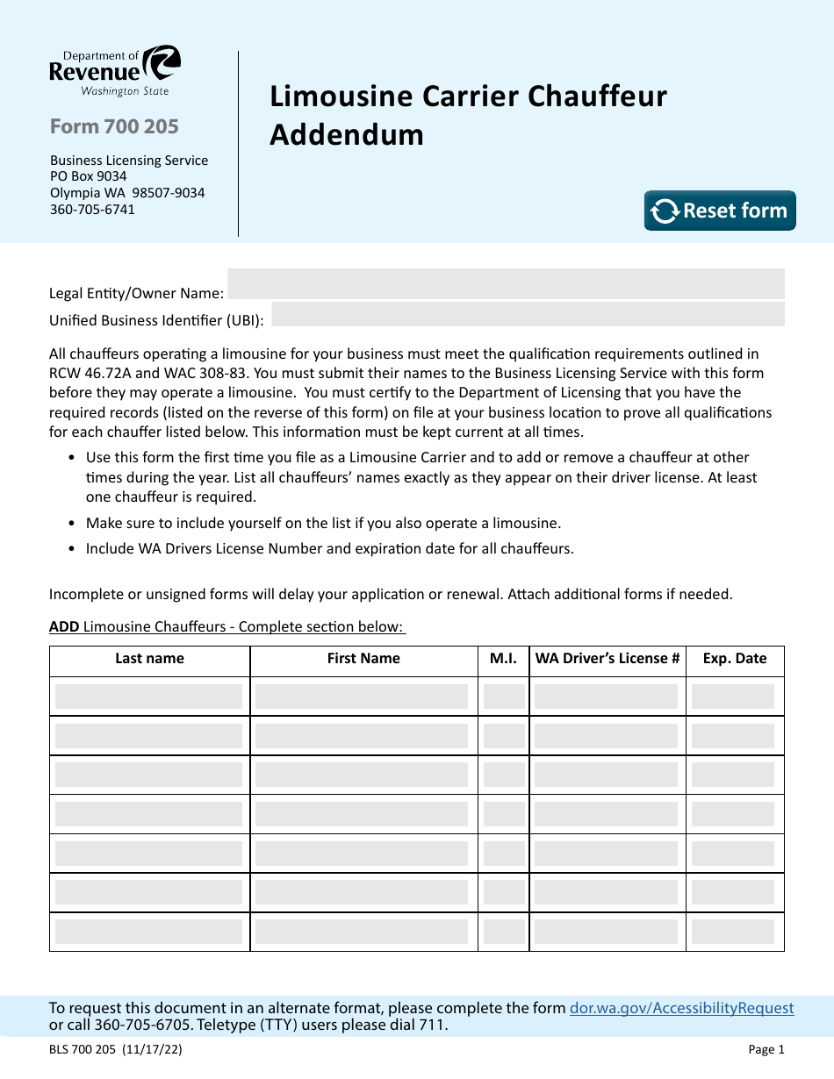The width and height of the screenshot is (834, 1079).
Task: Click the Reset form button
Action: pyautogui.click(x=720, y=211)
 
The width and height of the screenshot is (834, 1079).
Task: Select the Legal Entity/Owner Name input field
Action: pyautogui.click(x=505, y=284)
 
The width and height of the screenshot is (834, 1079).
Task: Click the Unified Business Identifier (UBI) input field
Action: pyautogui.click(x=528, y=314)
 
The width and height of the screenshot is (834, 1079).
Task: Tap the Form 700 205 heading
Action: pyautogui.click(x=114, y=127)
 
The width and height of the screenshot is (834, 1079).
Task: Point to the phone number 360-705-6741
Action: pyautogui.click(x=92, y=210)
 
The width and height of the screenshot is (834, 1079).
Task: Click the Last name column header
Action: pyautogui.click(x=149, y=659)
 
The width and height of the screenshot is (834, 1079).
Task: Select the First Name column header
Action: pyautogui.click(x=363, y=659)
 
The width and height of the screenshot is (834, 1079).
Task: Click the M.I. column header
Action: pyautogui.click(x=503, y=659)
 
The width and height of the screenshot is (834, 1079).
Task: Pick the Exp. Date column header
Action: pyautogui.click(x=735, y=659)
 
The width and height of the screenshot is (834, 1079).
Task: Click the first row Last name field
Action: pyautogui.click(x=149, y=697)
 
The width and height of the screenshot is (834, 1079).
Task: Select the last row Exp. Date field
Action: pyautogui.click(x=733, y=933)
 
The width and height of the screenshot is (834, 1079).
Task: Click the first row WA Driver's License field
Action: pyautogui.click(x=606, y=697)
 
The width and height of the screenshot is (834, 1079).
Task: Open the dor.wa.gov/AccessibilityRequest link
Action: pyautogui.click(x=682, y=1009)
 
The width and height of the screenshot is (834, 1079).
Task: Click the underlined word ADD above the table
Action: pyautogui.click(x=64, y=626)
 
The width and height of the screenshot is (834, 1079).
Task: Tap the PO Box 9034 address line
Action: pyautogui.click(x=88, y=176)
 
